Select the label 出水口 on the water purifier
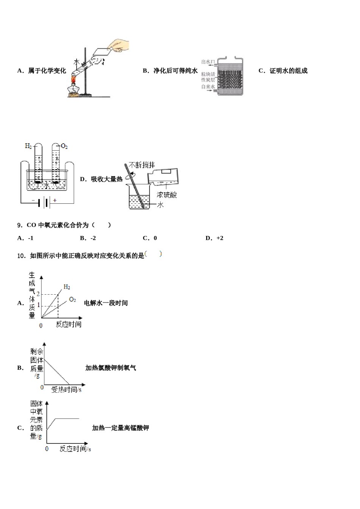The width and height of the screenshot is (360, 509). click(x=208, y=62)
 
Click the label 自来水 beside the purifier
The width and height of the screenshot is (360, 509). click(x=208, y=87)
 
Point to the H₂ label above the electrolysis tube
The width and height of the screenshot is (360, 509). click(x=28, y=146)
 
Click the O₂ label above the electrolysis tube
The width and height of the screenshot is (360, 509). click(x=64, y=146)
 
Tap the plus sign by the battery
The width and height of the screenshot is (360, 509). click(x=55, y=200)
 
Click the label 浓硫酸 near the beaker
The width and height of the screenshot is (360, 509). click(x=167, y=195)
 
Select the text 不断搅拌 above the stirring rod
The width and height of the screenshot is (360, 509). click(x=142, y=165)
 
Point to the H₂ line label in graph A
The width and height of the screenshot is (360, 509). click(x=67, y=287)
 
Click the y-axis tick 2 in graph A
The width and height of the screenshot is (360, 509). click(x=38, y=294)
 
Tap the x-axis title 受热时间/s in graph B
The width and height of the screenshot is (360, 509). click(x=66, y=389)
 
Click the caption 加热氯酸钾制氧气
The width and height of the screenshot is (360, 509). click(x=111, y=368)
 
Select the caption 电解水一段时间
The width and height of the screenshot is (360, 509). click(x=106, y=303)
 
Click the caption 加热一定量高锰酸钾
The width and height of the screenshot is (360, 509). click(x=121, y=428)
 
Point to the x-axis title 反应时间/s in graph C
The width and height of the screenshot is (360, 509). click(x=75, y=449)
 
